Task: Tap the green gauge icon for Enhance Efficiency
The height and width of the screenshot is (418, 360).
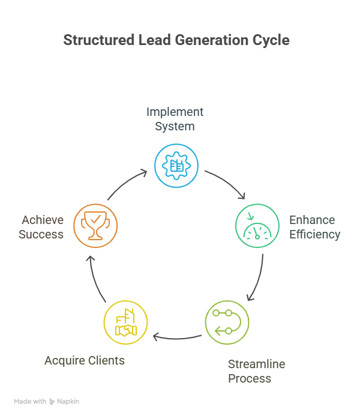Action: click(x=257, y=226)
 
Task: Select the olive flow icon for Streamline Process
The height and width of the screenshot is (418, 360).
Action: click(x=227, y=323)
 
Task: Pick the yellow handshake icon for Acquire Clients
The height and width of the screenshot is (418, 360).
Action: click(x=125, y=323)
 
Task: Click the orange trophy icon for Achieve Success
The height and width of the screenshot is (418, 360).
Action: click(x=95, y=226)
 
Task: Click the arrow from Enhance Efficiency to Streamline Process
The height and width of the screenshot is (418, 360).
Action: click(x=257, y=277)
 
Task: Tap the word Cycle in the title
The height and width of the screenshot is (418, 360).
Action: click(x=272, y=41)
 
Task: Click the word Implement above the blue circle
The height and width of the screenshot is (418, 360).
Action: click(x=175, y=112)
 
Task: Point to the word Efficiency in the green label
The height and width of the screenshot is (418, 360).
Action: click(x=314, y=234)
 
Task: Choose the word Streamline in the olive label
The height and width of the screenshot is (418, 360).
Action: click(x=256, y=364)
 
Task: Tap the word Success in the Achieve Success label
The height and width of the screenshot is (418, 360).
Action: click(x=41, y=234)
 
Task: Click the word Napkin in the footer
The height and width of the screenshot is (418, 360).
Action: click(x=68, y=401)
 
